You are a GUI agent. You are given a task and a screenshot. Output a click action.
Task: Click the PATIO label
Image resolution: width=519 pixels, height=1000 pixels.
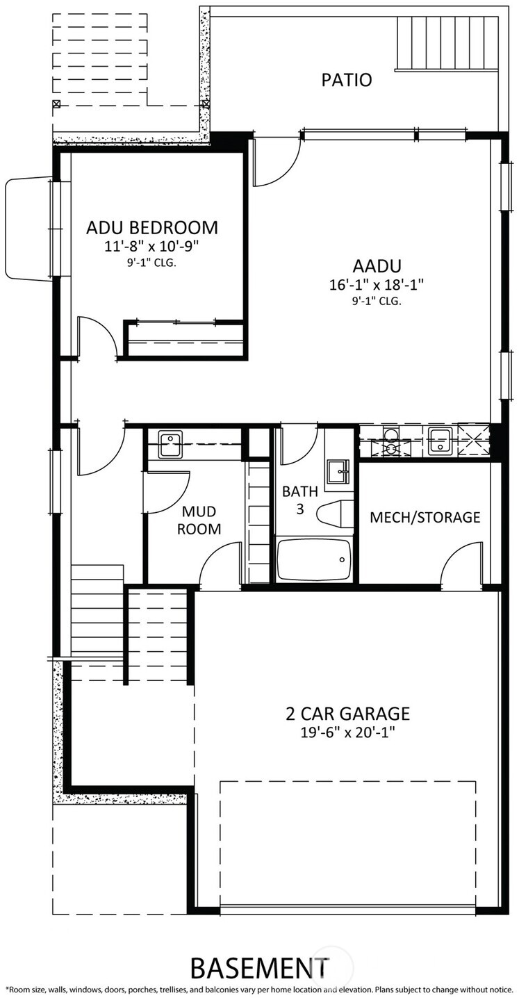pos(346,80)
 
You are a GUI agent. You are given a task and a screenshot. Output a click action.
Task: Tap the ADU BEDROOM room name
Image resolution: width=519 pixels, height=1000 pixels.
pos(151,227)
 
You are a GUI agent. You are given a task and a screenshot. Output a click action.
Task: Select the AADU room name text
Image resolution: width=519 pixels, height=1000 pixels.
pos(377,266)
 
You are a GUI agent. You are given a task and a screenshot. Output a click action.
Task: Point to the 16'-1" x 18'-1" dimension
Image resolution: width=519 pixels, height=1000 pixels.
pos(377,284)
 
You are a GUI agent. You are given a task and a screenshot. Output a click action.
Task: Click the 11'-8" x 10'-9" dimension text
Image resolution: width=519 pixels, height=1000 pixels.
pos(151,245)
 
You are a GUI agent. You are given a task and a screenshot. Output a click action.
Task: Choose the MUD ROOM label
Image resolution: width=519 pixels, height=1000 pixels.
pos(201,520)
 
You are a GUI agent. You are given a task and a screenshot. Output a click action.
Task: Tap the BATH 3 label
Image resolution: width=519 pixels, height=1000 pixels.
pos(299,500)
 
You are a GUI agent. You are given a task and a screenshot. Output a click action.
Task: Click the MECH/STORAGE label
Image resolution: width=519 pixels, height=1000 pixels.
pos(425,517)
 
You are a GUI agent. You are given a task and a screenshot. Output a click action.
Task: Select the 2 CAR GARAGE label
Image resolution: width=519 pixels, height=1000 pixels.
pos(347,714)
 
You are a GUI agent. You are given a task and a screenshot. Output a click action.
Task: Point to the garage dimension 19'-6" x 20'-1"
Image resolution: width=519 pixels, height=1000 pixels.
pos(347,732)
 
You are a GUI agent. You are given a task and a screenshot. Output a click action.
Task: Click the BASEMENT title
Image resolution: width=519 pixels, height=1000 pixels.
pos(259,967)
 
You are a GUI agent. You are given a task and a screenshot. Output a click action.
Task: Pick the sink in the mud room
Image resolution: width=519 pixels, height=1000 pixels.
pos(170,445)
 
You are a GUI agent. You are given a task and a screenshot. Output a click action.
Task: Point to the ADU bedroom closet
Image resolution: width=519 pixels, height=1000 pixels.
pos(185,341)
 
